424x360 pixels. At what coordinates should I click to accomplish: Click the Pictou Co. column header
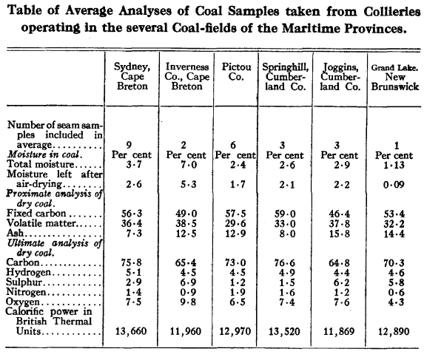236,72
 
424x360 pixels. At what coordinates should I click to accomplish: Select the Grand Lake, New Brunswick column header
395,77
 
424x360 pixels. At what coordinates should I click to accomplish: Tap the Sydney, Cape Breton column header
132,76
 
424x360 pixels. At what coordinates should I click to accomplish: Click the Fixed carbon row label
36,213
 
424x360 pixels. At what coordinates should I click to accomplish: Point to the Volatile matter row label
41,223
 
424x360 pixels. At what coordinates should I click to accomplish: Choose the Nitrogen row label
26,292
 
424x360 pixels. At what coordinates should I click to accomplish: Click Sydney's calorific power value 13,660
131,331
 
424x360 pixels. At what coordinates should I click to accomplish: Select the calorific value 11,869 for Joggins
339,331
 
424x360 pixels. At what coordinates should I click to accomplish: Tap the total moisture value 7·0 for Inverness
189,164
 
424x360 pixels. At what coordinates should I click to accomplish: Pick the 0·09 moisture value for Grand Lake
394,185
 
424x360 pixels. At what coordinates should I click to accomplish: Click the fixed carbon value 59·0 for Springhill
285,214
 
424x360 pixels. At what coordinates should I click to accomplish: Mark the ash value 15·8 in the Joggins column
340,234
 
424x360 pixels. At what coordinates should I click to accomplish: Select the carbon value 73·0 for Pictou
235,262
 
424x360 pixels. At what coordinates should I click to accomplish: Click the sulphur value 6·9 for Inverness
188,282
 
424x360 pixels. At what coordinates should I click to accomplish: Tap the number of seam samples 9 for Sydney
129,145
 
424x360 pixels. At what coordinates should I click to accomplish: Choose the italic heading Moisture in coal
44,154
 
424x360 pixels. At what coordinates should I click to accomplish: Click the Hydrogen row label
28,272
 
